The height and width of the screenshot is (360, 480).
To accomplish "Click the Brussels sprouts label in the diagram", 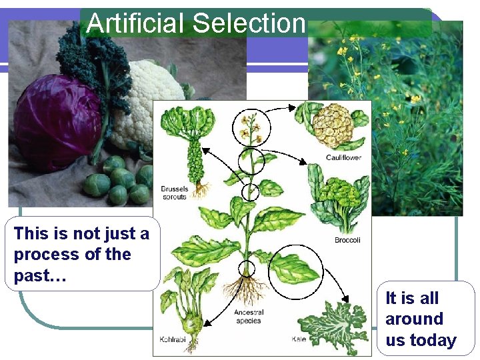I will click(175, 193).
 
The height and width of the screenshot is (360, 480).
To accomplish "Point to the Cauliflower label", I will click(344, 157).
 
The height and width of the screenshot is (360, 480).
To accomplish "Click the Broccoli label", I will click(347, 240).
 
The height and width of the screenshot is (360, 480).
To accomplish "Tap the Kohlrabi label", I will click(172, 339).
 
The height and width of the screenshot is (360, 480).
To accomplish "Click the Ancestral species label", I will click(248, 316).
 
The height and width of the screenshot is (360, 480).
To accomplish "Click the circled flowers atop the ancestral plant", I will click(251, 127).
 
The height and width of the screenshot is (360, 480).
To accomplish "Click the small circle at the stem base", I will click(247, 269).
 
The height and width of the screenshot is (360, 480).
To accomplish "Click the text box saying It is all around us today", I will click(421, 319).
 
